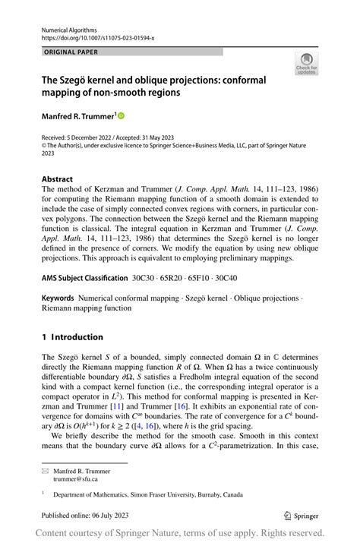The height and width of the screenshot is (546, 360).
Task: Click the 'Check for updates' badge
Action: (x=306, y=63)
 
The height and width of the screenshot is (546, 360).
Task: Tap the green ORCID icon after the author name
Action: (x=120, y=115)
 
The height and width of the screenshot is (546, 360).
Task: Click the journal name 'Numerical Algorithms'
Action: (x=68, y=28)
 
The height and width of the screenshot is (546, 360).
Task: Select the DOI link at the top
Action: (x=98, y=36)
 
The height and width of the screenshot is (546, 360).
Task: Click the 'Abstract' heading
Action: (x=58, y=179)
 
